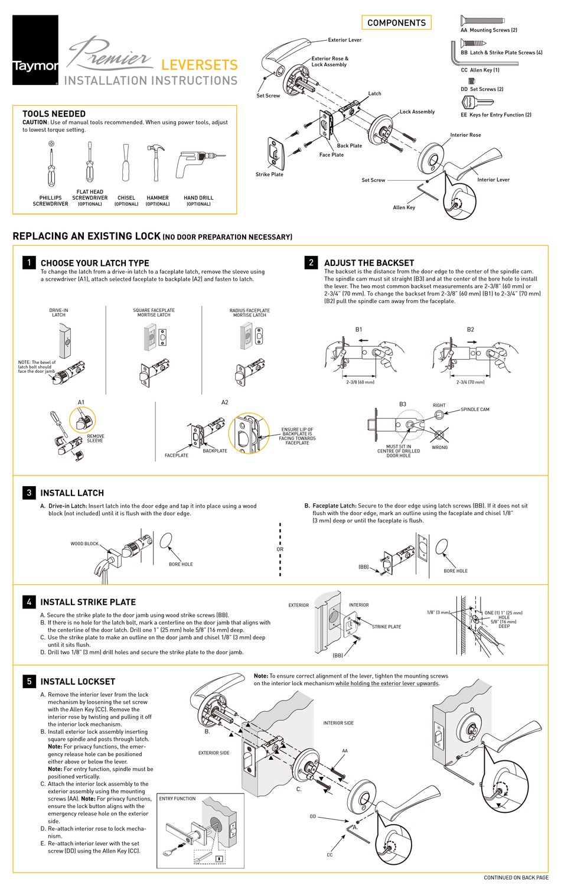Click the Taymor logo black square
click(35, 50)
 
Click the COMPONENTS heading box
click(396, 22)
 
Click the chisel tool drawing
click(125, 163)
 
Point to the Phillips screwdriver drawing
click(52, 164)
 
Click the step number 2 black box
click(311, 262)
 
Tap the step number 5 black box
click(28, 681)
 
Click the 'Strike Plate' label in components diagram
click(269, 174)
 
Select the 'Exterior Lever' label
click(345, 40)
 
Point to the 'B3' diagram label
click(403, 404)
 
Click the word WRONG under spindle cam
click(439, 447)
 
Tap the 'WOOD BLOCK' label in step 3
click(84, 543)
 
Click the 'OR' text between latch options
click(280, 549)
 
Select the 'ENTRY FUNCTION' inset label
click(177, 798)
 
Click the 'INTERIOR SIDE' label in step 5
click(338, 722)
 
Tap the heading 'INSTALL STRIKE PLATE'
click(88, 602)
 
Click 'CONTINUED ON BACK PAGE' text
click(516, 877)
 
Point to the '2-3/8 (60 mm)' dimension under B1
click(360, 382)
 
